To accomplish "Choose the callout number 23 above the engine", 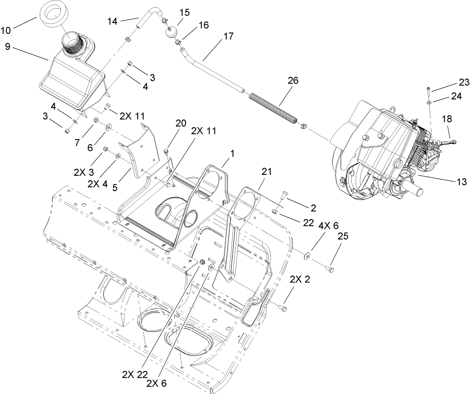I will tap(464, 82).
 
